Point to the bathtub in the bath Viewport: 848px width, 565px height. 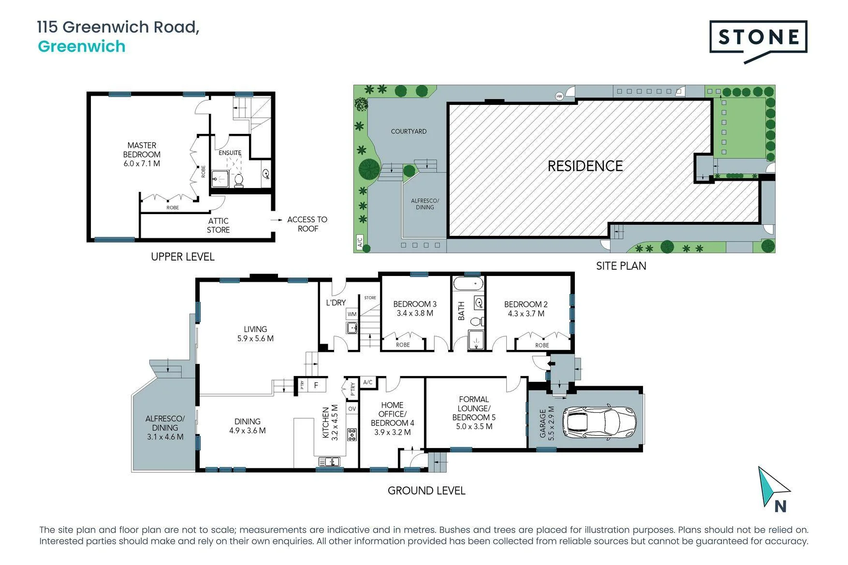coord(468,283)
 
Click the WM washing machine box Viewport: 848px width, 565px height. coord(352,314)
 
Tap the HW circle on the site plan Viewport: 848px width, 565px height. coord(559,96)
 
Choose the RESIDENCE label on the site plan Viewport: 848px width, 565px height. coord(585,166)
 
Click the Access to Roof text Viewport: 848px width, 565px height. coord(307,224)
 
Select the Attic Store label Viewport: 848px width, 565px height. coord(218,225)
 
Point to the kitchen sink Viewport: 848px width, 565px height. coord(329,462)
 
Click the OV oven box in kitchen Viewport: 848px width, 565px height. coord(352,409)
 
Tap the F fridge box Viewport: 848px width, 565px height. coord(316,385)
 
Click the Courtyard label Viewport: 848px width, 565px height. coord(409,131)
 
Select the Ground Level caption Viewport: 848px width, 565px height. coord(426,491)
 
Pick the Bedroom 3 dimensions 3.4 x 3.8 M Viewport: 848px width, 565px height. coord(415,313)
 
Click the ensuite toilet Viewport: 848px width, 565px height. coord(238,180)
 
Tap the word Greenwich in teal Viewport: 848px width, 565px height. coord(82,46)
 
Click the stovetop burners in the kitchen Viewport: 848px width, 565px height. coord(352,435)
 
